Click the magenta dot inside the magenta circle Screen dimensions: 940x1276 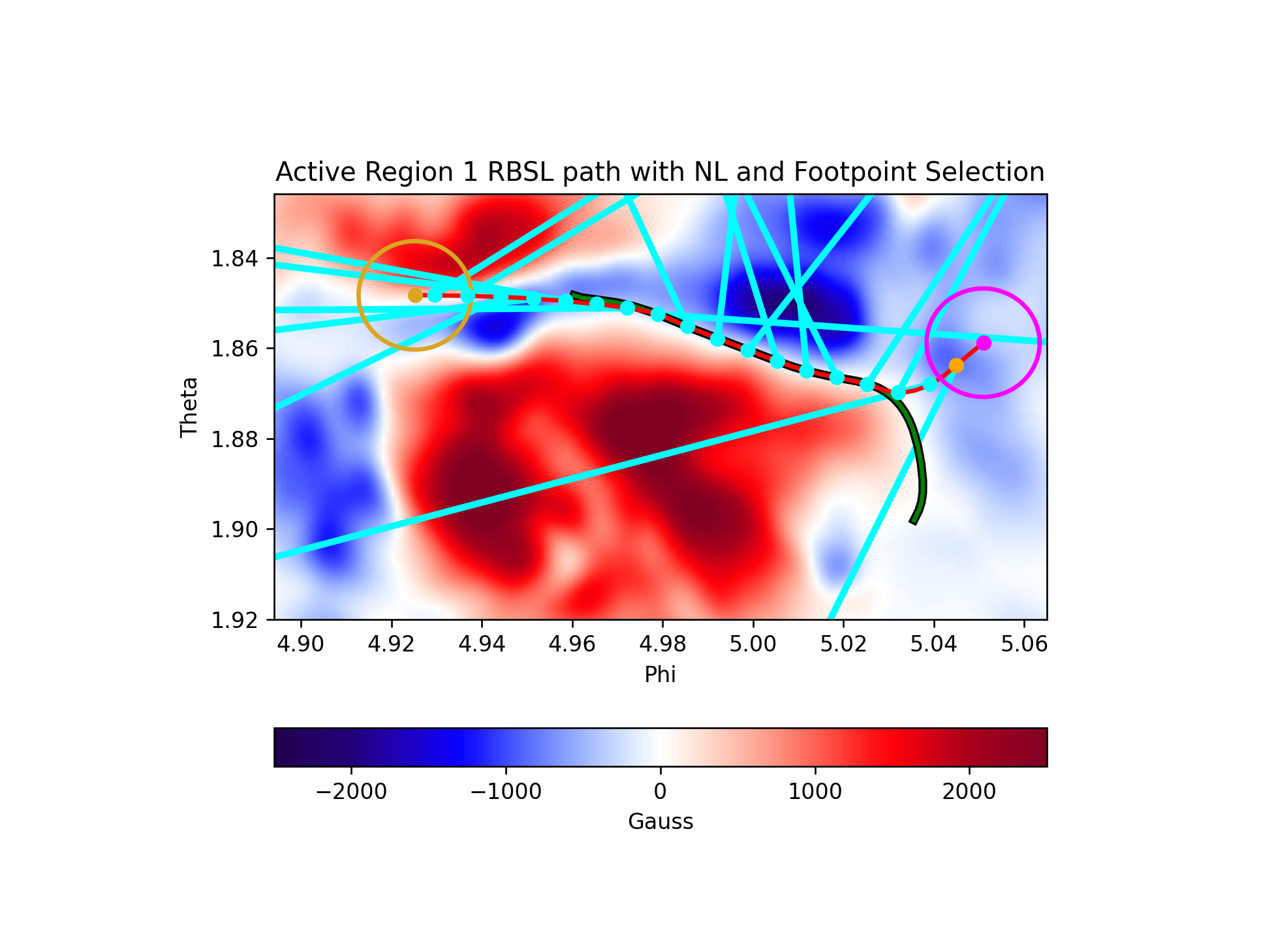(984, 343)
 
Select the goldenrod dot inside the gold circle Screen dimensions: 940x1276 (415, 295)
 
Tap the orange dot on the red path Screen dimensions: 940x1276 (956, 365)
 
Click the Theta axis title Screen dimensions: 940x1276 (189, 407)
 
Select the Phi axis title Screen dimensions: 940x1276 (660, 674)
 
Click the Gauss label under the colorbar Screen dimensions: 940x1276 (660, 821)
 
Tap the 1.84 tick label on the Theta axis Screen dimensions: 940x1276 (234, 259)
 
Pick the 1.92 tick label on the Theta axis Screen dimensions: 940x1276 (234, 619)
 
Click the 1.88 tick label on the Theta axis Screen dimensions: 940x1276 (234, 439)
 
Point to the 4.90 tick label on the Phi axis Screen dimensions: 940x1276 (300, 644)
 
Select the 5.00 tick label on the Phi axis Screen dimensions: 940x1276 (753, 644)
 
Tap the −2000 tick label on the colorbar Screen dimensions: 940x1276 (351, 792)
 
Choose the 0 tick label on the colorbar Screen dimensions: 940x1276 (660, 792)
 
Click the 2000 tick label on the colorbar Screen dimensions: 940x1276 (969, 792)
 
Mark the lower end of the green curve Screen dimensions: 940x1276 (913, 522)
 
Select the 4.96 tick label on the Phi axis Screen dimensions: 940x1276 (572, 644)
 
